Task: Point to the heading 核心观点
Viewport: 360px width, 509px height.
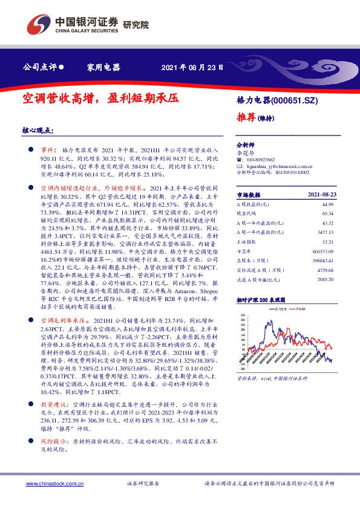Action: [x=38, y=129]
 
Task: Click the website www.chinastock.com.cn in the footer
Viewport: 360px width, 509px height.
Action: [x=55, y=484]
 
